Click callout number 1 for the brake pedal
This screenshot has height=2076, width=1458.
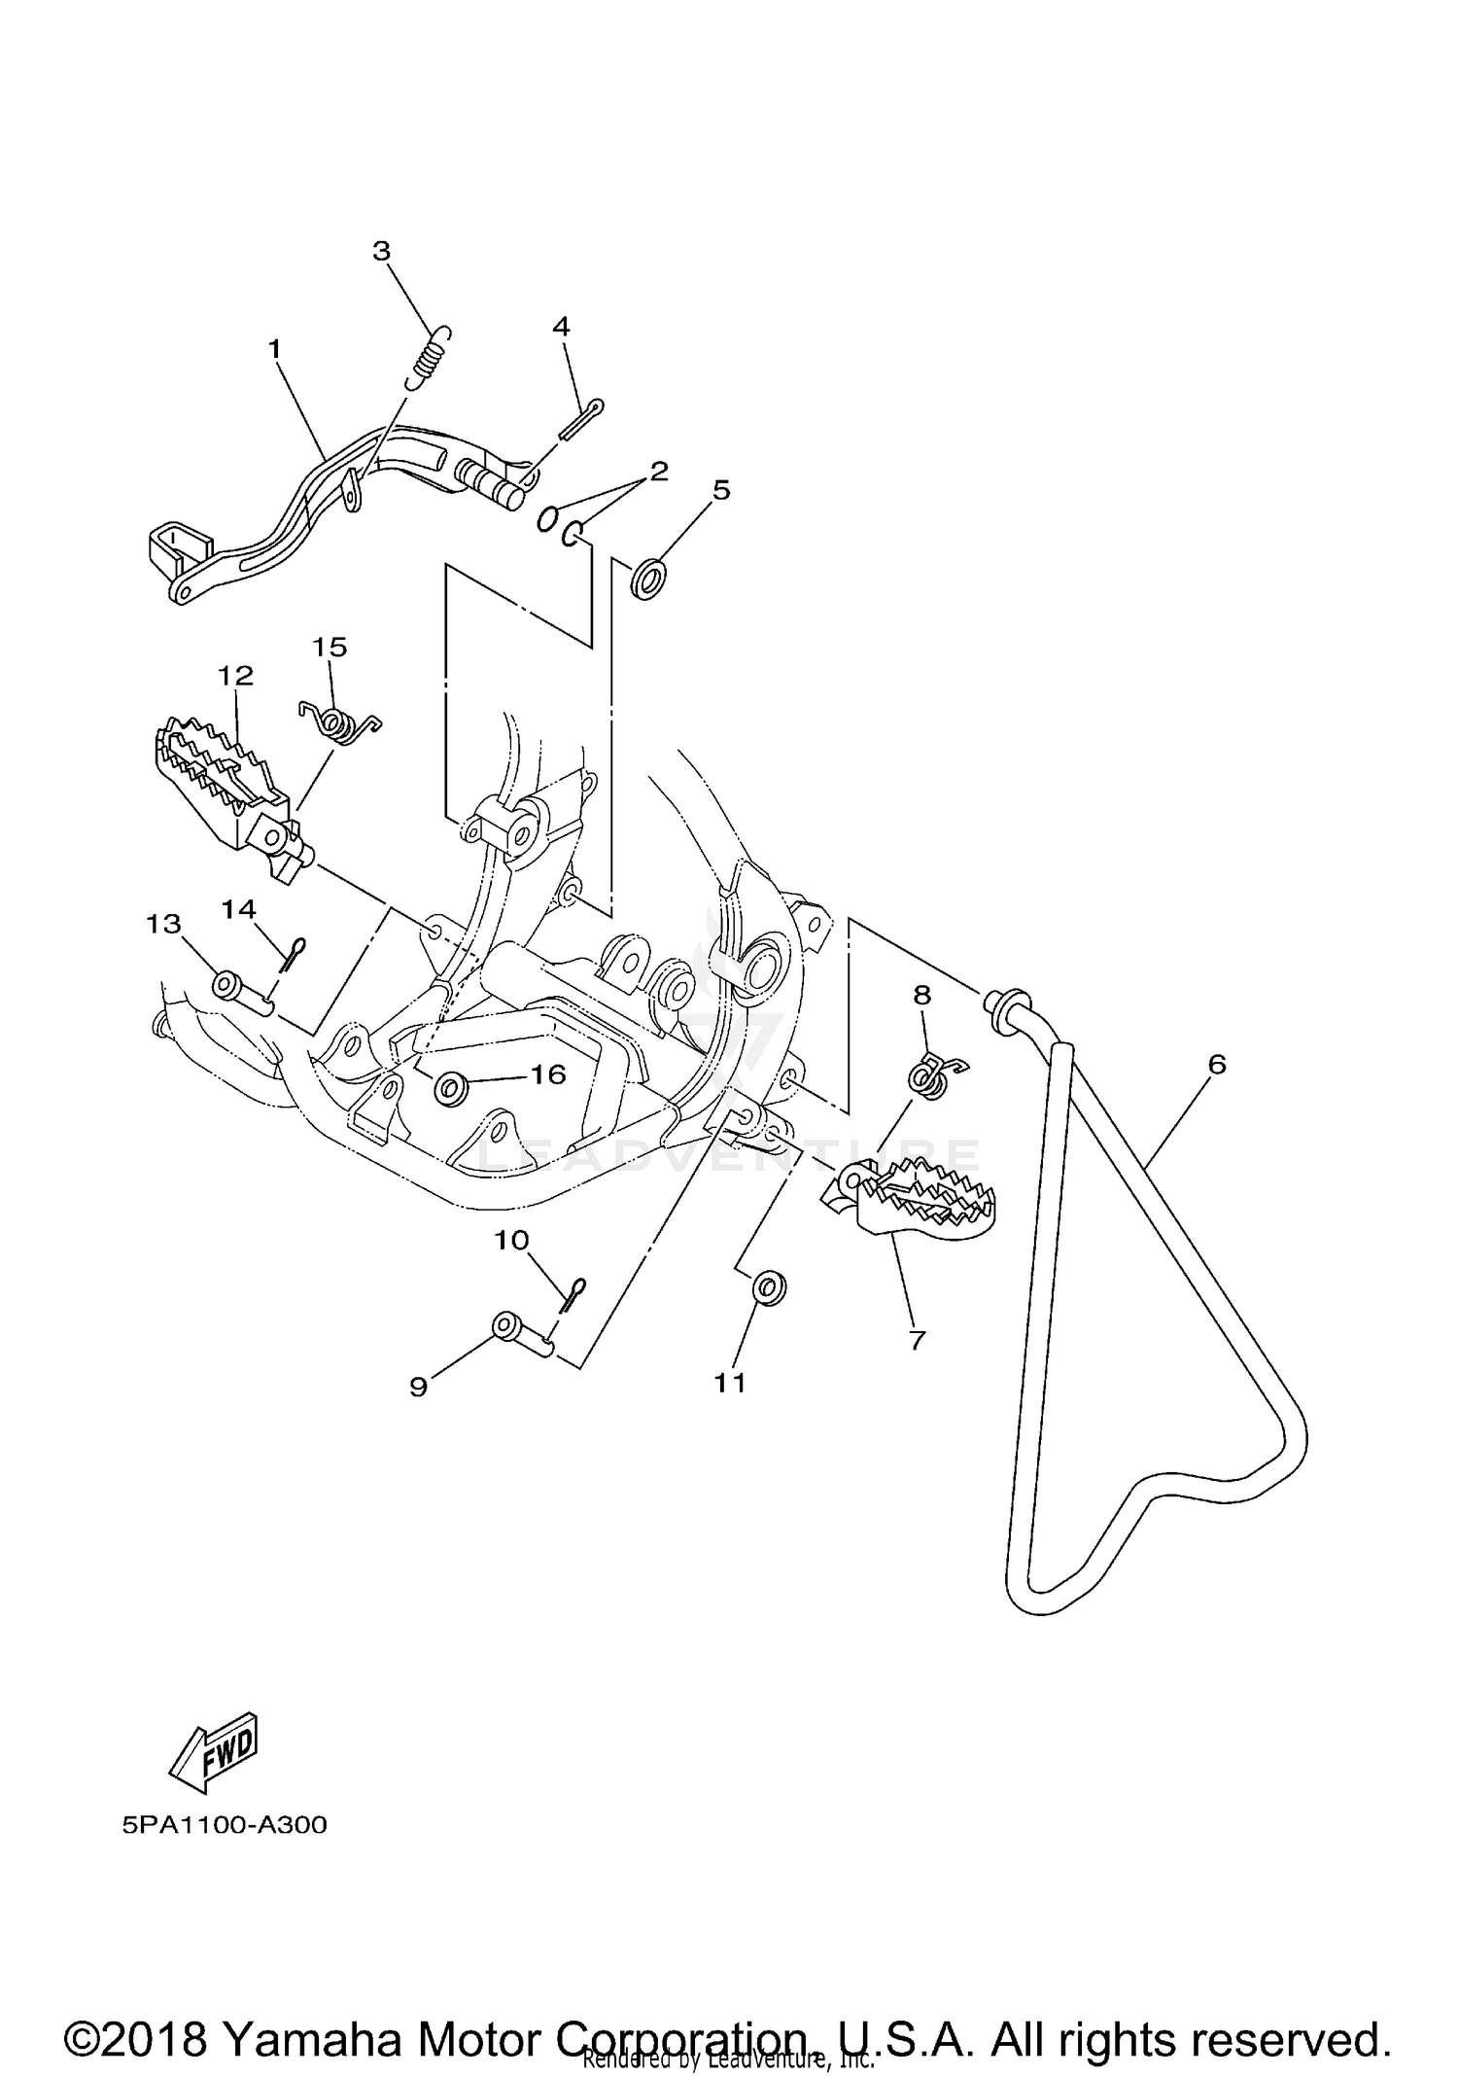(274, 348)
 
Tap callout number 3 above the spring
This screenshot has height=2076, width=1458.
(381, 251)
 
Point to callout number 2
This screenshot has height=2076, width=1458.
(659, 472)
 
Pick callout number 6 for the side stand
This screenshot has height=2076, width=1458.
(1217, 1065)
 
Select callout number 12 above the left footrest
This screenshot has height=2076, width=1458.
(235, 675)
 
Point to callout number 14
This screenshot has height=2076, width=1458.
(238, 908)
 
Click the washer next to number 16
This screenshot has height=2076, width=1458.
(450, 1088)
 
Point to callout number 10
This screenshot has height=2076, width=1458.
(511, 1240)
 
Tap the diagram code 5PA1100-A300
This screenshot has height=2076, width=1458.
(225, 1825)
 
